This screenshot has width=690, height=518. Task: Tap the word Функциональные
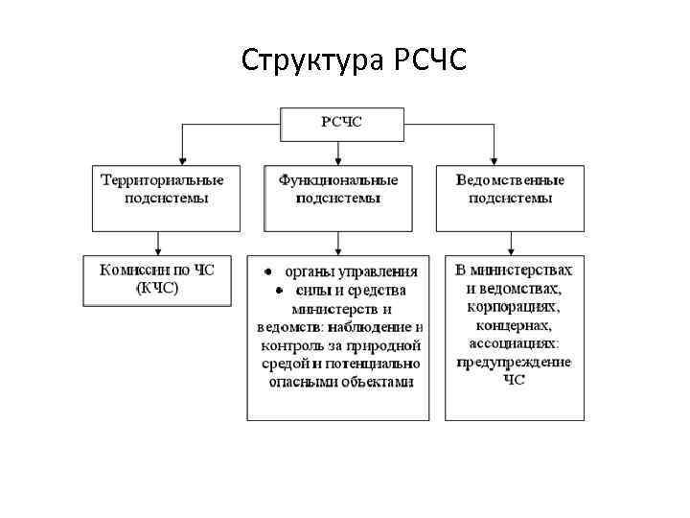[337, 180]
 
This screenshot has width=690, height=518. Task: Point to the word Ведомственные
[511, 180]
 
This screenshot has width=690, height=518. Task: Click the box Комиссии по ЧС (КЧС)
[157, 279]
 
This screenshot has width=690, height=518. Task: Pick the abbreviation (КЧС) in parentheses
[157, 289]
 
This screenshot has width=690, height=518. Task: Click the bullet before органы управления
[270, 272]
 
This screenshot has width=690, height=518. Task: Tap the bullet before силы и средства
[270, 291]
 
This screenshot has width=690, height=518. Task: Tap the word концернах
[515, 325]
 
